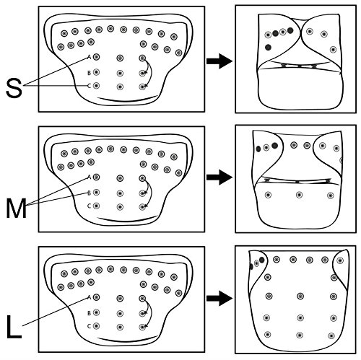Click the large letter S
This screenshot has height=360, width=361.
(14, 89)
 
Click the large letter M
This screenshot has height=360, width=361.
(16, 209)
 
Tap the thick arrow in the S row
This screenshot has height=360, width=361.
(219, 61)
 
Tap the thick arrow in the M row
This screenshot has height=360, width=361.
(219, 177)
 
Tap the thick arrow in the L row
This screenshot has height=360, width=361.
(219, 299)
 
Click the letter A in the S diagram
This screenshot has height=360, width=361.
(89, 57)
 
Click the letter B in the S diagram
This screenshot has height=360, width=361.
(89, 73)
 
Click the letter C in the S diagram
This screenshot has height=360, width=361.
(89, 86)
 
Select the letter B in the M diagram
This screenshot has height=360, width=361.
(89, 193)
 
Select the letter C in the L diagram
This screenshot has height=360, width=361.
(89, 326)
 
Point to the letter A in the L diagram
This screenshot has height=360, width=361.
(89, 297)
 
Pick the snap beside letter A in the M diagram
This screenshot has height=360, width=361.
(96, 177)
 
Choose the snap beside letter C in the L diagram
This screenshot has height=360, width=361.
(96, 326)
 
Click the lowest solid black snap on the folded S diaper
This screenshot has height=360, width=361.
(268, 47)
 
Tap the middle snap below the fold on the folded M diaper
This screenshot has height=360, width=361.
(299, 195)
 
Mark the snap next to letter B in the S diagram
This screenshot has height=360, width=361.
(96, 72)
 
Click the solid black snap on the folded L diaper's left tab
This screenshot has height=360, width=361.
(262, 260)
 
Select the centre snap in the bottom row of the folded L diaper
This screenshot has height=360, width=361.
(300, 335)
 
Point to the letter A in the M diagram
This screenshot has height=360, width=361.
(89, 177)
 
